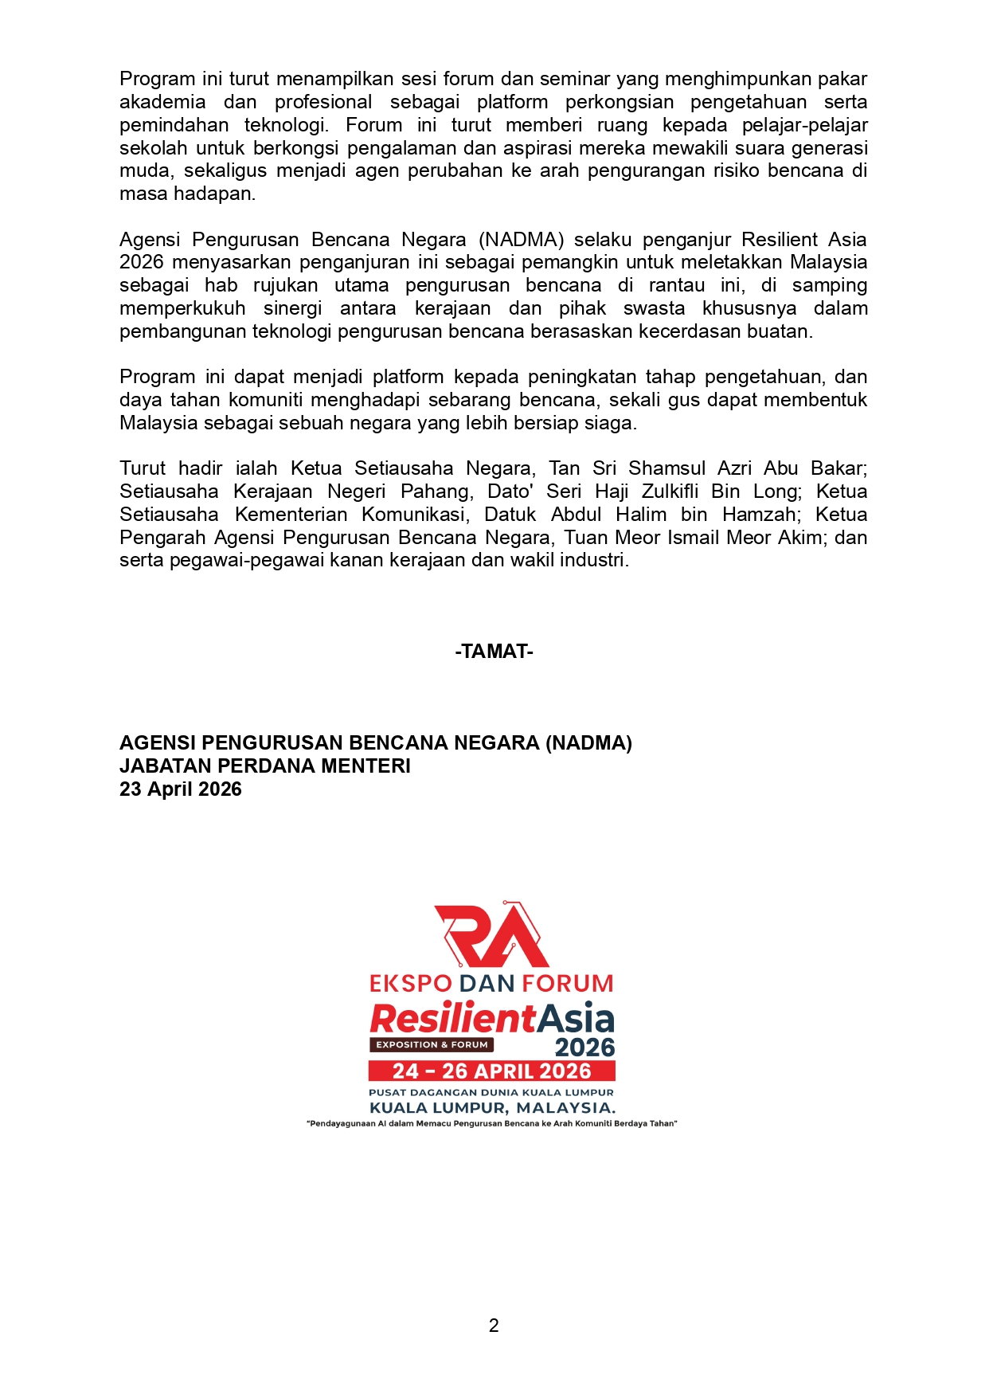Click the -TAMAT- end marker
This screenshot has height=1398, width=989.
pyautogui.click(x=494, y=652)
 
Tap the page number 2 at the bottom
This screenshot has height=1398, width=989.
pyautogui.click(x=494, y=1326)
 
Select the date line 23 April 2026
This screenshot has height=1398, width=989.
pyautogui.click(x=181, y=789)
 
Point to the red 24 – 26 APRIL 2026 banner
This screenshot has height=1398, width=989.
pyautogui.click(x=491, y=1071)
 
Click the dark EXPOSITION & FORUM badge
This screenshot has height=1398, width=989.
pyautogui.click(x=431, y=1044)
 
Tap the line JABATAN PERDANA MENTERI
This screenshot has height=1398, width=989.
pyautogui.click(x=265, y=766)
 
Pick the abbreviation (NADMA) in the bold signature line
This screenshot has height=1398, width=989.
pyautogui.click(x=588, y=743)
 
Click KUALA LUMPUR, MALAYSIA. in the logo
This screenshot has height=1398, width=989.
pyautogui.click(x=492, y=1108)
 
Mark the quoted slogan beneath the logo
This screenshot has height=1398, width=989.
pyautogui.click(x=491, y=1124)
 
